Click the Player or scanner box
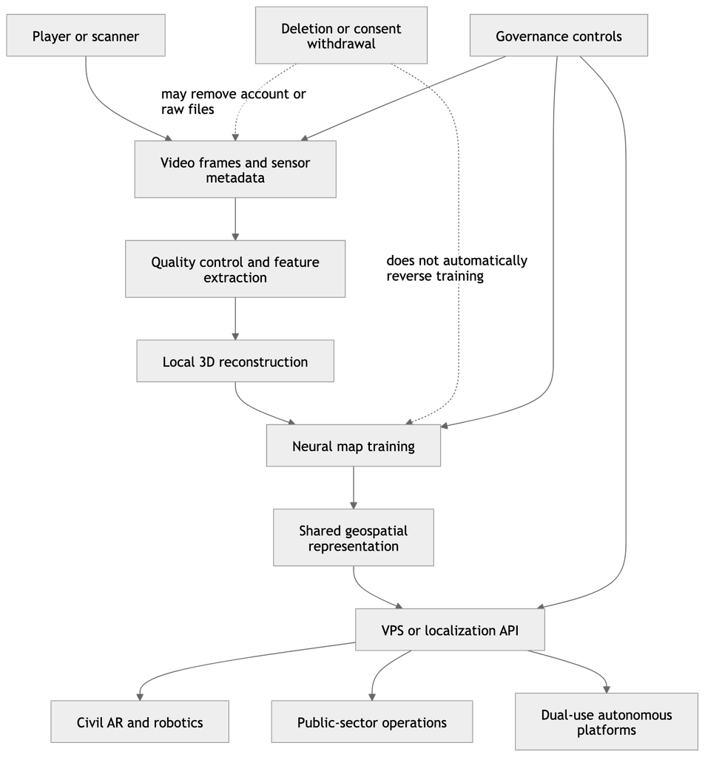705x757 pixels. [86, 35]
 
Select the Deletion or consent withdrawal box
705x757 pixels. [341, 35]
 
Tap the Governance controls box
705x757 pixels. [559, 35]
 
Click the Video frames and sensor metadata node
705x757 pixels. [235, 169]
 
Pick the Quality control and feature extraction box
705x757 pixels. [235, 269]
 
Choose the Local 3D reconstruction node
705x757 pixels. [235, 361]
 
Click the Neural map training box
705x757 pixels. [353, 446]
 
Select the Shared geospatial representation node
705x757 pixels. [353, 537]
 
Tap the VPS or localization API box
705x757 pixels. [450, 630]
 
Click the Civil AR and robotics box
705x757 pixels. [140, 722]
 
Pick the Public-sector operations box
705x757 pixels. [372, 722]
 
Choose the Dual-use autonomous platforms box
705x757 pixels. [607, 722]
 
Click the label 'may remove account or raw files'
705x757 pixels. [233, 101]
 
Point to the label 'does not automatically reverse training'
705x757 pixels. [456, 268]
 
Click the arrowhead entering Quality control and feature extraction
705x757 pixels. [235, 237]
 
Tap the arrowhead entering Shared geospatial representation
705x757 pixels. [353, 505]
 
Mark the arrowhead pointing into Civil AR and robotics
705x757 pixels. [140, 697]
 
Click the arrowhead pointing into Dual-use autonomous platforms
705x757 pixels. [607, 690]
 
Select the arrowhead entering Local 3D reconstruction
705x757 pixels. [235, 336]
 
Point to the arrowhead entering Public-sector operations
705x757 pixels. [372, 697]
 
